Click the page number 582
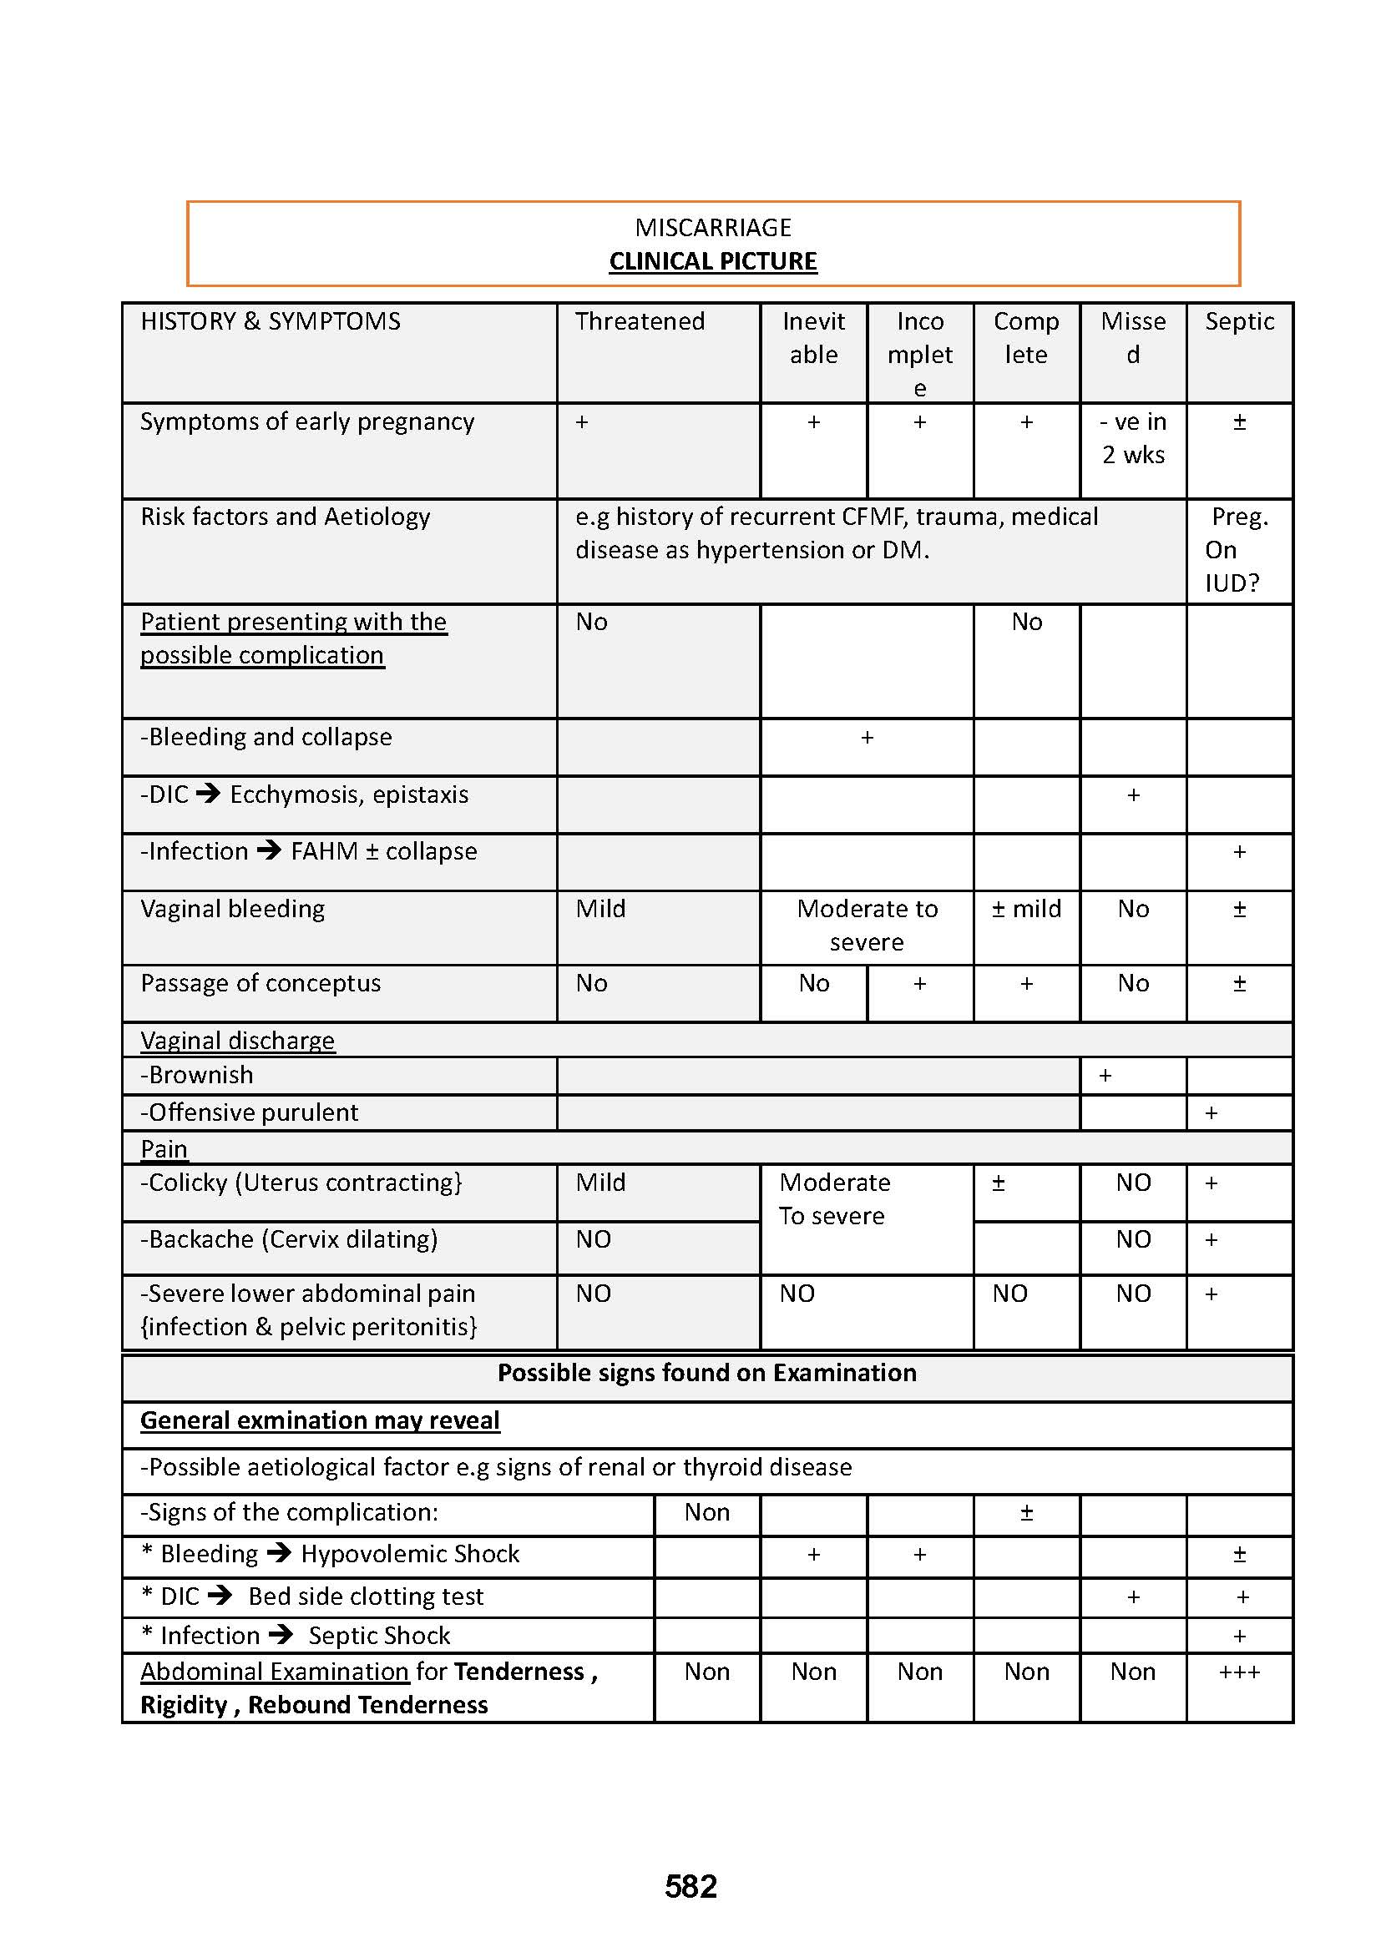(690, 1887)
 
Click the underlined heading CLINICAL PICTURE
(712, 261)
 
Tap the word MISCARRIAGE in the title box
(712, 227)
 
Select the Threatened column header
(640, 321)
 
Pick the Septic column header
(1239, 321)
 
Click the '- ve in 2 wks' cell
(1133, 439)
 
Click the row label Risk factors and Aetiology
(285, 517)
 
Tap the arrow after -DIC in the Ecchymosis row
(209, 794)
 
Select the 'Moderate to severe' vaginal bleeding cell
(867, 925)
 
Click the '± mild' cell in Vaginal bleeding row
(1026, 909)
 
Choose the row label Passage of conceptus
(261, 984)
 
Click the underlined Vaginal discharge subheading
(237, 1041)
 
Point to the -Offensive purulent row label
(249, 1113)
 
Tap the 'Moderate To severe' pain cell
(834, 1198)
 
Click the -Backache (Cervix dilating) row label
(289, 1239)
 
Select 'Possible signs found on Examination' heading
(706, 1373)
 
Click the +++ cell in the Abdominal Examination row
(1239, 1672)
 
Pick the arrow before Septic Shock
(281, 1635)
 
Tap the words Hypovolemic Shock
(410, 1554)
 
